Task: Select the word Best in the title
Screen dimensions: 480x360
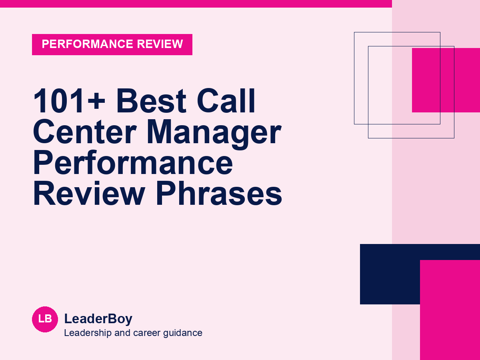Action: coord(151,101)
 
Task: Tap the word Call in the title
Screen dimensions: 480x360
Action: coord(226,101)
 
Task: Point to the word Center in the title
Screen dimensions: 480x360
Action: coord(85,132)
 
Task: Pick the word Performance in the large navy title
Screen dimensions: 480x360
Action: coord(133,163)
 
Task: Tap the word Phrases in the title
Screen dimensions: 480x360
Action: coord(219,194)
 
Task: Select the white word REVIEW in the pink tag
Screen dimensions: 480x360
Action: coord(160,44)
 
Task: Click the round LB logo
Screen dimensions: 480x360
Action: coord(45,319)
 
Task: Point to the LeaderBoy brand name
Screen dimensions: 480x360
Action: coord(98,319)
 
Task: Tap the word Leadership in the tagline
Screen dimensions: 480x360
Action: coord(88,333)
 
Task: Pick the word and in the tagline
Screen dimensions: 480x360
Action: coord(122,333)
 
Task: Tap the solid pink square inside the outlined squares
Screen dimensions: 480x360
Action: coord(446,80)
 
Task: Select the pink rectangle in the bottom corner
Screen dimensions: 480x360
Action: coord(450,310)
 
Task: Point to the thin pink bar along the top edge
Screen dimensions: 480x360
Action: coord(196,4)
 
